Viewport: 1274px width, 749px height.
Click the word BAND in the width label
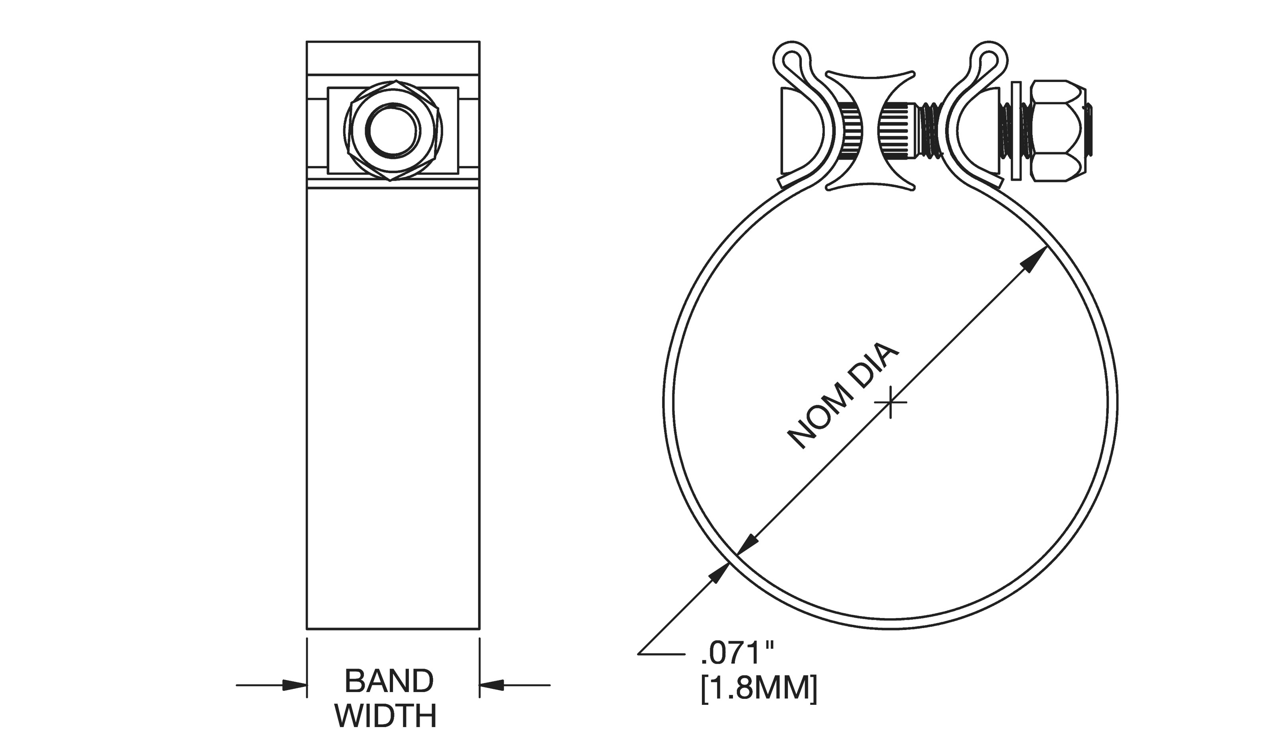(x=389, y=681)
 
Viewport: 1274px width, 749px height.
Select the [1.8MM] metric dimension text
(x=758, y=689)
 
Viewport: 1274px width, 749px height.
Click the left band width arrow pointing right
(x=293, y=685)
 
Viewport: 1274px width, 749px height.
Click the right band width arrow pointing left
(x=492, y=685)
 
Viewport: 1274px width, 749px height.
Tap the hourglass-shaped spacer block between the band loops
(x=871, y=131)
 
